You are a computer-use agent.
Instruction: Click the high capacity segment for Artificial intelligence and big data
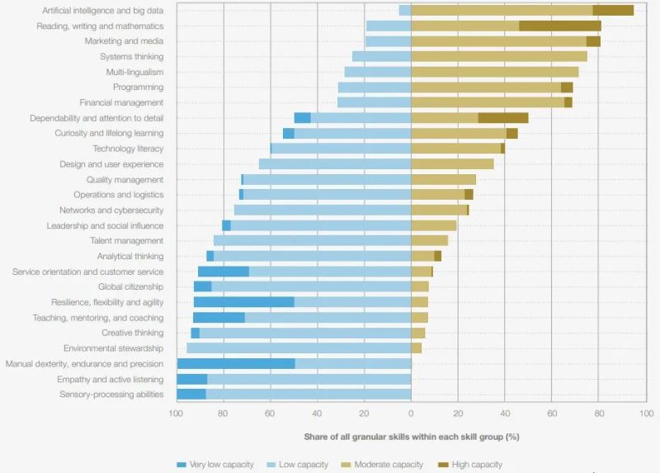pos(613,11)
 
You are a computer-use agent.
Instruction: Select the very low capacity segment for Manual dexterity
pos(236,364)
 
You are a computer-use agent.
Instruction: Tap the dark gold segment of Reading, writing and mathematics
pos(559,26)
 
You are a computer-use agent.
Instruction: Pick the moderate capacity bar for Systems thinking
pos(499,57)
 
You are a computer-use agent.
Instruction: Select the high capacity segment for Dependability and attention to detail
pos(502,118)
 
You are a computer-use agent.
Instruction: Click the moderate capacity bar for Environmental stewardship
pos(417,348)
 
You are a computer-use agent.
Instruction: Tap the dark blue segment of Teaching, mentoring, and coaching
pos(219,318)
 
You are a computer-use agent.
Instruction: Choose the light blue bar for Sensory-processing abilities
pos(309,395)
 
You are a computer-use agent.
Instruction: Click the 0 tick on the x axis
pos(411,413)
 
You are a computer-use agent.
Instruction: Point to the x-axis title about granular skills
pos(411,436)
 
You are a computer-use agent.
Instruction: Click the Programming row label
pos(138,88)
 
